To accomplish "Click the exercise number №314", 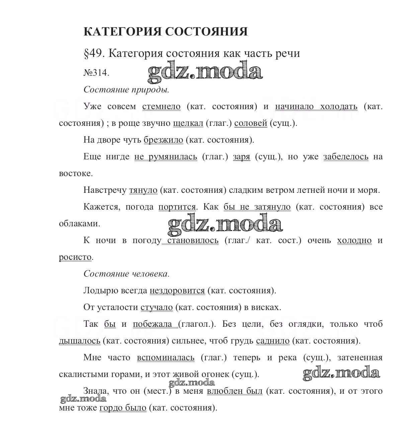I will tap(96, 73).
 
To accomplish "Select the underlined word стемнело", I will tap(161, 106).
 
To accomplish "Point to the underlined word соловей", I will tap(251, 123).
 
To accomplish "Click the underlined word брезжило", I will tap(163, 140).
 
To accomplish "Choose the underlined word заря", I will tap(242, 157).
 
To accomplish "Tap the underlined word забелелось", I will tap(346, 157).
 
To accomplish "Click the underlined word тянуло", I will tap(143, 190).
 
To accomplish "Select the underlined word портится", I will tap(177, 207).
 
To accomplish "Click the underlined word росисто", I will tap(75, 257).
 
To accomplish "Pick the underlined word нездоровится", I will tap(177, 291).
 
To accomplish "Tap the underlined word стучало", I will tap(157, 307).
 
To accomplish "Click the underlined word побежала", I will tap(152, 324).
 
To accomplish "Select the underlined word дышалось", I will tap(80, 341).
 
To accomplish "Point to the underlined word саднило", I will tap(273, 341).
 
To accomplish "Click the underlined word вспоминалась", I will tap(166, 358).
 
